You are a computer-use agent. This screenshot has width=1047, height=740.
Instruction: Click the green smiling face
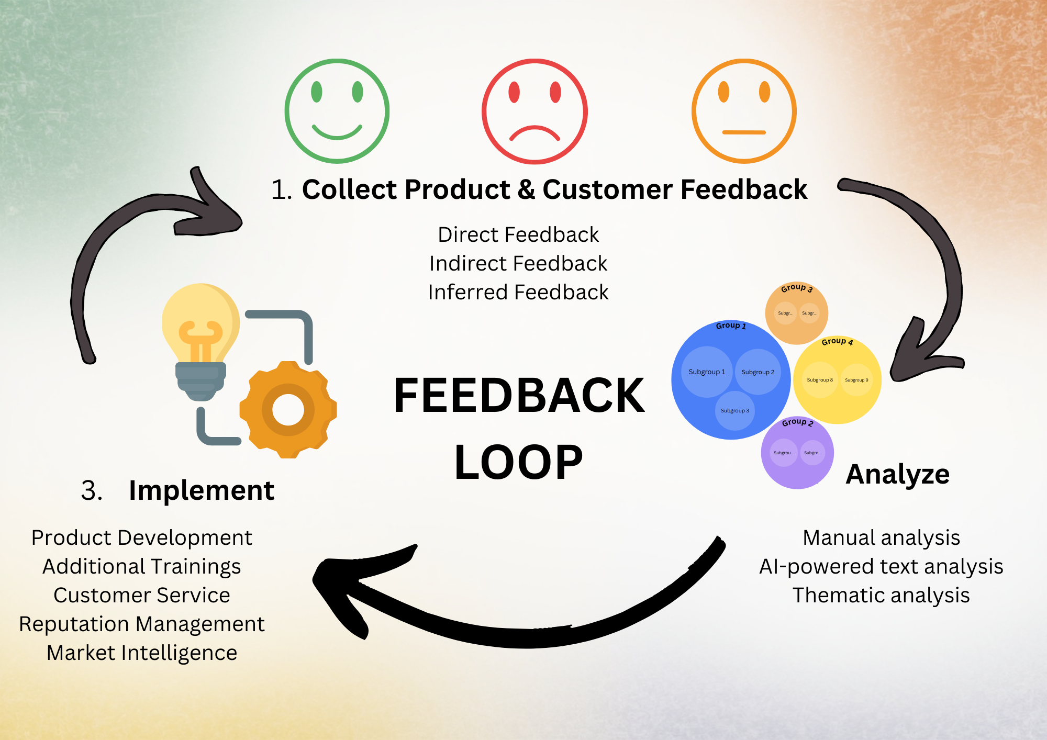pyautogui.click(x=337, y=111)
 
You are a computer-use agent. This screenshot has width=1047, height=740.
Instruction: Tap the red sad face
pyautogui.click(x=534, y=111)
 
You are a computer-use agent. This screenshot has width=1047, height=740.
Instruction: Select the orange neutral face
pyautogui.click(x=744, y=111)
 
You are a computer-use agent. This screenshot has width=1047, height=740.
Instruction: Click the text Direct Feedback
pyautogui.click(x=518, y=234)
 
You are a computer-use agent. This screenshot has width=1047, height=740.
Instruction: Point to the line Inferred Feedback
pyautogui.click(x=518, y=292)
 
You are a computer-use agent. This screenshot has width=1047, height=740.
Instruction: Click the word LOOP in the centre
pyautogui.click(x=518, y=462)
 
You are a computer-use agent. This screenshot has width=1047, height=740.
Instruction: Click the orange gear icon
pyautogui.click(x=288, y=410)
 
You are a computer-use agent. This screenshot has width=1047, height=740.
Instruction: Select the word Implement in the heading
pyautogui.click(x=202, y=490)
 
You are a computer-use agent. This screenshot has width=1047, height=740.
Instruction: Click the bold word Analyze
pyautogui.click(x=897, y=474)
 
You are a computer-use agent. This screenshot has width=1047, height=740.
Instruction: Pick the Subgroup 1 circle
pyautogui.click(x=707, y=372)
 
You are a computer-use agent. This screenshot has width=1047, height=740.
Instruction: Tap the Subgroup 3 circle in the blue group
pyautogui.click(x=734, y=411)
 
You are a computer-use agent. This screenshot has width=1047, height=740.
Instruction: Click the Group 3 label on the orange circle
pyautogui.click(x=796, y=288)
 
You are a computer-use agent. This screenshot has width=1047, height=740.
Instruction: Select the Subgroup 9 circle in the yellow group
pyautogui.click(x=856, y=380)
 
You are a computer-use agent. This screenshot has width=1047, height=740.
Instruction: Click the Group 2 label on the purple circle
pyautogui.click(x=797, y=422)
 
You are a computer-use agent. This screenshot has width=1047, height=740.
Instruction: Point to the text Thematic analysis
pyautogui.click(x=881, y=595)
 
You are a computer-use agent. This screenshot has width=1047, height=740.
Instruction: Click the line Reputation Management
pyautogui.click(x=142, y=624)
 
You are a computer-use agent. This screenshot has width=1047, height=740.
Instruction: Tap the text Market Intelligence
pyautogui.click(x=142, y=653)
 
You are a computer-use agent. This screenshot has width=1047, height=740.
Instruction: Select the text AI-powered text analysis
pyautogui.click(x=881, y=566)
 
